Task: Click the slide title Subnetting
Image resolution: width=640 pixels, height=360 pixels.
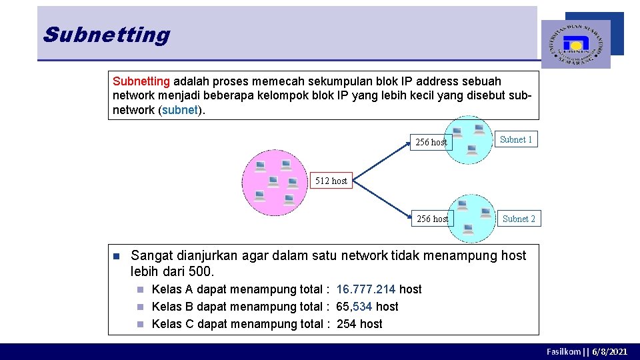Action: [x=107, y=34]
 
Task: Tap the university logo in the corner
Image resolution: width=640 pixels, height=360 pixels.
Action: [x=575, y=44]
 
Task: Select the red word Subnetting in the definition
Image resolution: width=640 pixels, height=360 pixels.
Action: [x=141, y=81]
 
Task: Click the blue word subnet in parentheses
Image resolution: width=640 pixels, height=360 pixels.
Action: [x=180, y=110]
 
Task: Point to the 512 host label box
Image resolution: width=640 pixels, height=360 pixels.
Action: [x=331, y=181]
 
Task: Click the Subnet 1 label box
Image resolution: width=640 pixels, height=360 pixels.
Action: [x=516, y=140]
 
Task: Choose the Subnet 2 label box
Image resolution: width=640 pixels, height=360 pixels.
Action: [x=519, y=219]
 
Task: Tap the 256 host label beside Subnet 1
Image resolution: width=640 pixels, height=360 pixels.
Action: [x=431, y=142]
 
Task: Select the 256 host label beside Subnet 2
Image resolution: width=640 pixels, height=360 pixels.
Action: [x=432, y=219]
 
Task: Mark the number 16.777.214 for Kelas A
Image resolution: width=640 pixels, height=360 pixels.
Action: [x=366, y=289]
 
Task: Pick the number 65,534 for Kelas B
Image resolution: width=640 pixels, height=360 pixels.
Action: [x=354, y=307]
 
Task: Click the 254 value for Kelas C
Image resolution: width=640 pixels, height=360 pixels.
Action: [x=346, y=324]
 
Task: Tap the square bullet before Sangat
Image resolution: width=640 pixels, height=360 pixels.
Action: [x=115, y=256]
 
